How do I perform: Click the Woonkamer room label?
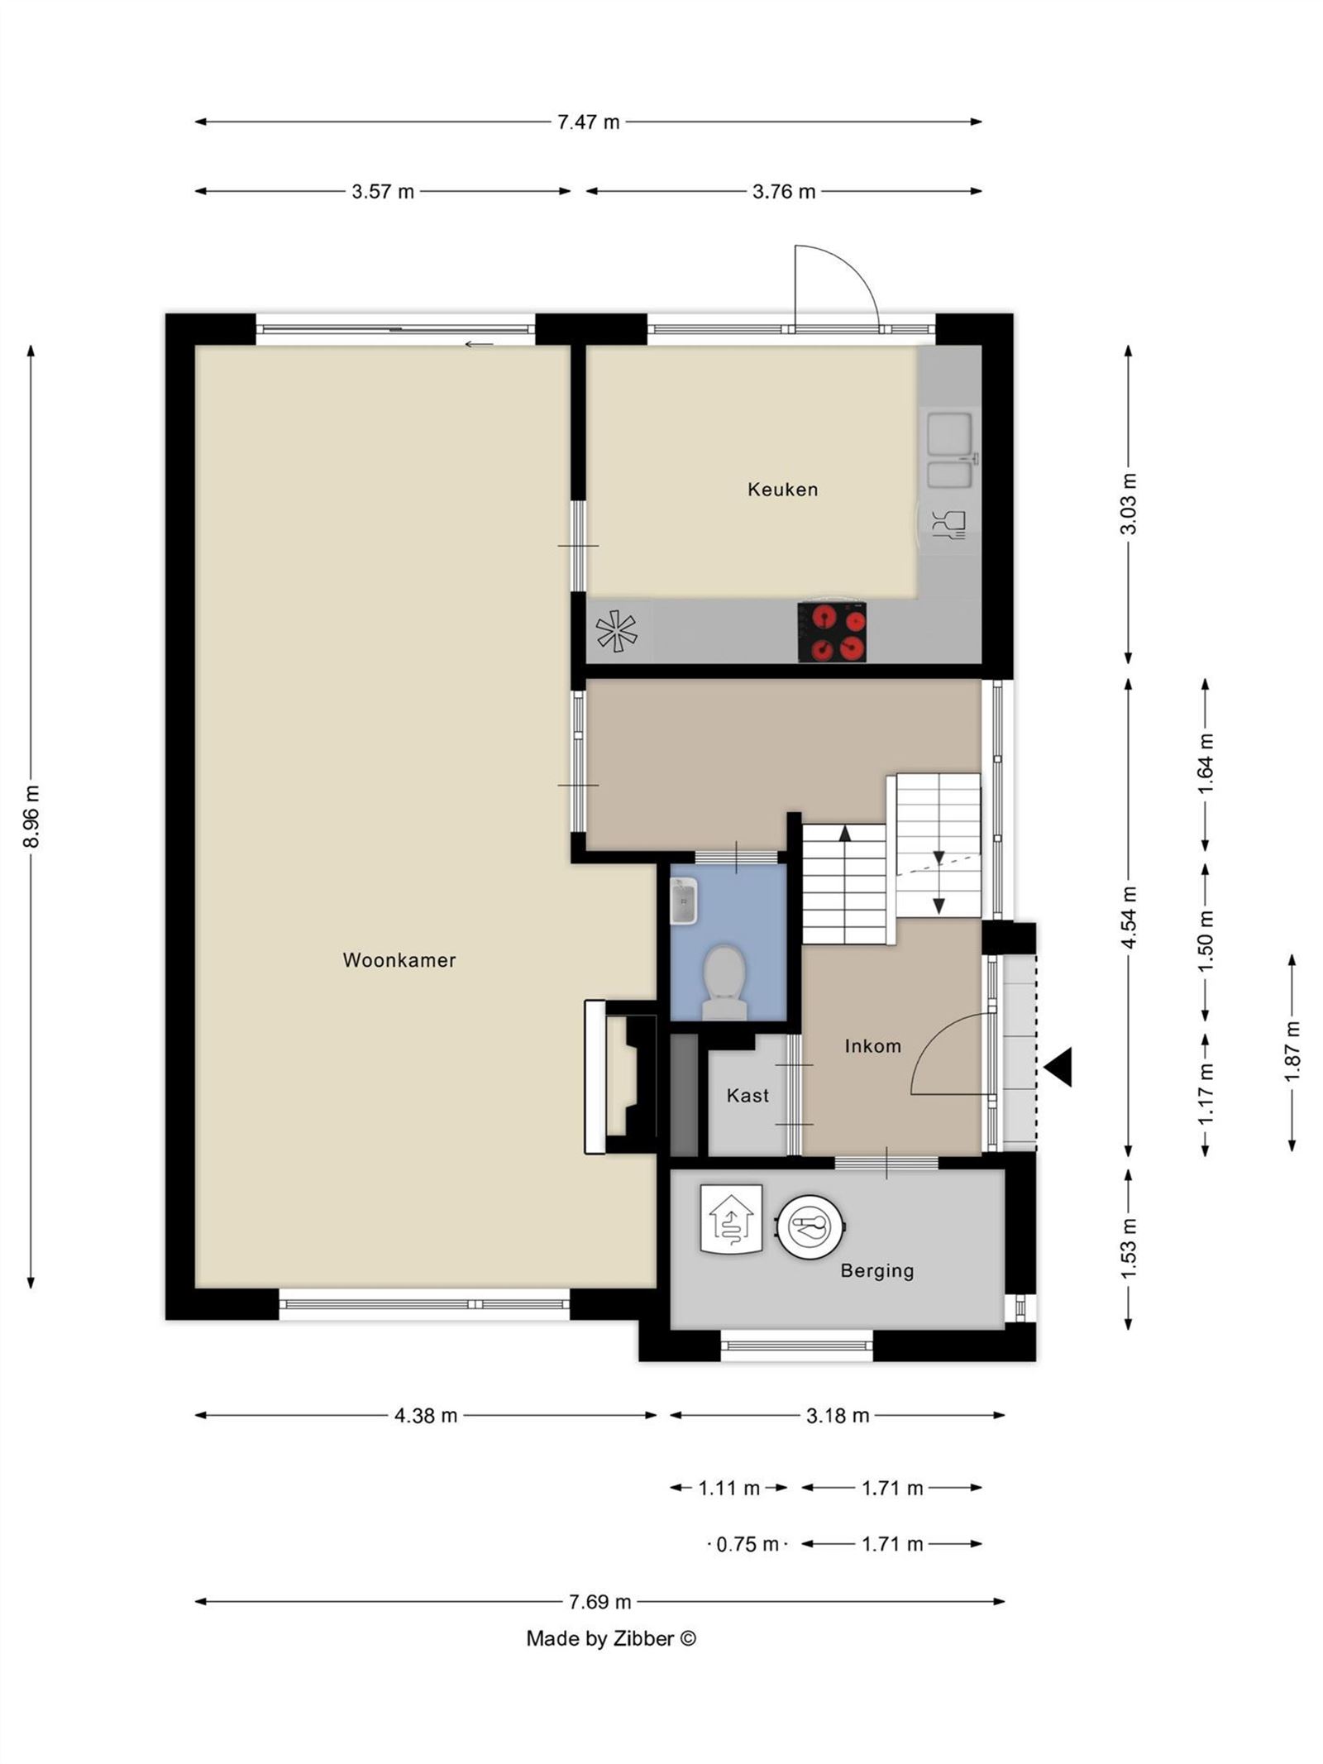(x=399, y=960)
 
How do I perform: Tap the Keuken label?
(x=782, y=490)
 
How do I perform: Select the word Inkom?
(x=872, y=1046)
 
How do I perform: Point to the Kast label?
(x=747, y=1096)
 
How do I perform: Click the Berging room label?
(x=877, y=1271)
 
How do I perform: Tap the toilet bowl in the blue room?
(x=724, y=982)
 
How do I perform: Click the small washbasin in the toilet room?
(x=684, y=901)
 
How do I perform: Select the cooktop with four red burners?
(x=832, y=633)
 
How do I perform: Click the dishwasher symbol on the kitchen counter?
(x=948, y=525)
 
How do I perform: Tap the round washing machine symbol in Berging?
(x=810, y=1228)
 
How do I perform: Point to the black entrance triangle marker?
(x=1058, y=1067)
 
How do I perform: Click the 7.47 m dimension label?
(x=588, y=122)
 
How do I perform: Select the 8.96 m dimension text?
(x=31, y=817)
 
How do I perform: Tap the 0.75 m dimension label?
(x=747, y=1544)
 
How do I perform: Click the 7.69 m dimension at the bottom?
(x=599, y=1602)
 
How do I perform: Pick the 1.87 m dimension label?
(x=1292, y=1051)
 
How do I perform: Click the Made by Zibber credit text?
(x=611, y=1638)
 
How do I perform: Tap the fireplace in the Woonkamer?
(x=620, y=1077)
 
